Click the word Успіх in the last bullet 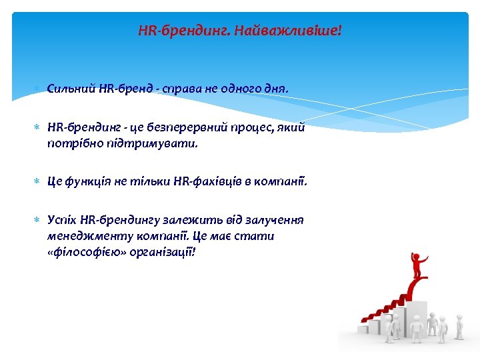(x=62, y=220)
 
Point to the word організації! (x=162, y=252)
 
